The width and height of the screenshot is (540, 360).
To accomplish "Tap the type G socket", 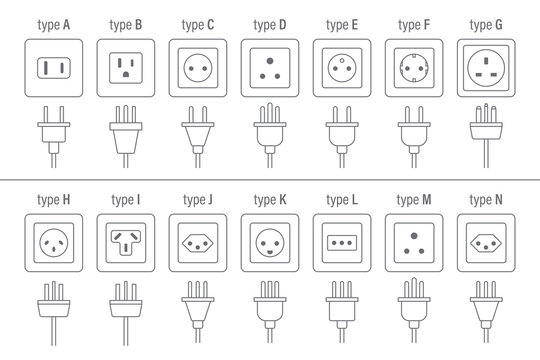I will [x=485, y=68].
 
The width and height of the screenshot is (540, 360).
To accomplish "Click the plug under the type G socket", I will [x=485, y=130].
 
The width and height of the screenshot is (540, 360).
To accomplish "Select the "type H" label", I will [x=54, y=199].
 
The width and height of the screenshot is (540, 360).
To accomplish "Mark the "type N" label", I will [x=485, y=199].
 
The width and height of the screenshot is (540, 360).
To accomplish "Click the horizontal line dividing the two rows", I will [x=270, y=180].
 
